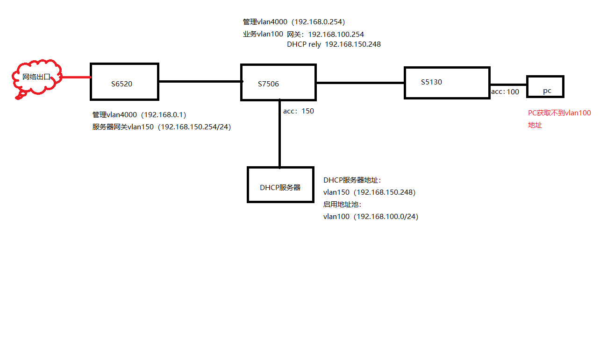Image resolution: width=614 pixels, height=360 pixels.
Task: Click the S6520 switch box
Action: [124, 82]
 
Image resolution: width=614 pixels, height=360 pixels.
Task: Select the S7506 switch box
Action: [278, 83]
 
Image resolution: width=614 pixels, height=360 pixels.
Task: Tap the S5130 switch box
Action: [447, 83]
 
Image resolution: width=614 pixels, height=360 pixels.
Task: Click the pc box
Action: [545, 86]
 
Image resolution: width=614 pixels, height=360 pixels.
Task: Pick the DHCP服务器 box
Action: [280, 184]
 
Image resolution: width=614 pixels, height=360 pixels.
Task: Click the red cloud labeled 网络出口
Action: [37, 78]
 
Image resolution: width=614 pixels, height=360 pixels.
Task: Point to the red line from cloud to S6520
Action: [77, 77]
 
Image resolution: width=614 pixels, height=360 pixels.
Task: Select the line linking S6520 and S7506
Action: [200, 81]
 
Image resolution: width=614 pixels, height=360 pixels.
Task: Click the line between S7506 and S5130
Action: [360, 83]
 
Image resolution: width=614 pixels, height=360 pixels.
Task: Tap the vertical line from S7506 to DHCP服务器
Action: [279, 134]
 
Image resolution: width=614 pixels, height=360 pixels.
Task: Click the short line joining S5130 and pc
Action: [508, 85]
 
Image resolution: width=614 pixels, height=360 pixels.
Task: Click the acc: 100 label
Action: [505, 92]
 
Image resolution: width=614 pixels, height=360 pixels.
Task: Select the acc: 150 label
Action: [299, 111]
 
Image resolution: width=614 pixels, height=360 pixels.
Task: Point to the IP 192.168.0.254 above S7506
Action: [318, 22]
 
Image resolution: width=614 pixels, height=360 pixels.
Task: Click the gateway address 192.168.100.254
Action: [336, 34]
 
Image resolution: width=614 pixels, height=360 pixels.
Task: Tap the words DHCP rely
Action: [304, 44]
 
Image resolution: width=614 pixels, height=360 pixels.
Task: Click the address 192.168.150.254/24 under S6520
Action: [194, 127]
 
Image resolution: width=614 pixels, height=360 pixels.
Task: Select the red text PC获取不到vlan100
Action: [559, 113]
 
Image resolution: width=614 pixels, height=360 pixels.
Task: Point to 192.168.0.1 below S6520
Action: [164, 114]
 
